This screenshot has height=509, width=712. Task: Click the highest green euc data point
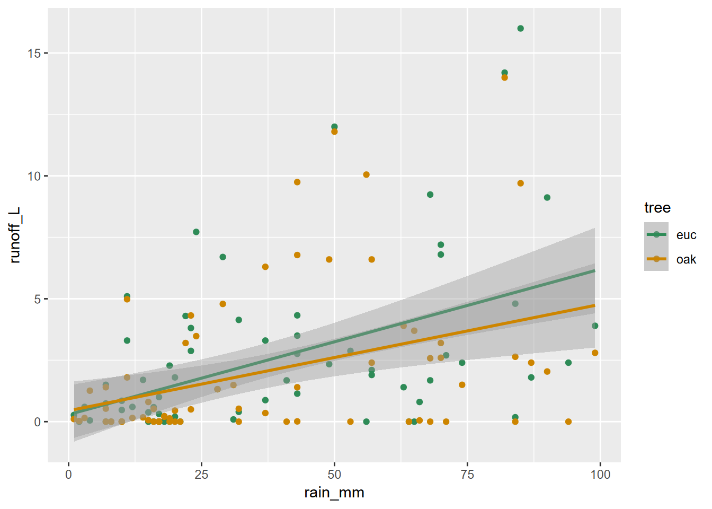coord(520,29)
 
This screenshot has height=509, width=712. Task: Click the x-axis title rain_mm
coord(334,493)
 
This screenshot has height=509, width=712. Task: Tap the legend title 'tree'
coord(657,208)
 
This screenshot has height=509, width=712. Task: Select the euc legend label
coord(686,235)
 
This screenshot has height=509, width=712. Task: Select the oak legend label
coord(686,259)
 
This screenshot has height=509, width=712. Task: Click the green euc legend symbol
coord(656,234)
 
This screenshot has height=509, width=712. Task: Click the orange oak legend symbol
coord(656,259)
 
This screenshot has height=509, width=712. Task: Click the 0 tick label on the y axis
coord(38,422)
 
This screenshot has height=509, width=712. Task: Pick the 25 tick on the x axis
coord(201,475)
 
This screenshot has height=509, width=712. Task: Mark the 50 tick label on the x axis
coord(334,475)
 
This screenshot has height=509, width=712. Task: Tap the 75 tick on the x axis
coord(467,475)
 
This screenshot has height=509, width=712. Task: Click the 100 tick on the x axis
coord(600,475)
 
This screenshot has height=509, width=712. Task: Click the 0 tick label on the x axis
coord(69,475)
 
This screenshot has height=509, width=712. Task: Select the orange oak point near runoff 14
coord(504,77)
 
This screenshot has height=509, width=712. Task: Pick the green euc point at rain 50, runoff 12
coord(334,127)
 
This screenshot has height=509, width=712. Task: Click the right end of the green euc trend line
coord(594,271)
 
